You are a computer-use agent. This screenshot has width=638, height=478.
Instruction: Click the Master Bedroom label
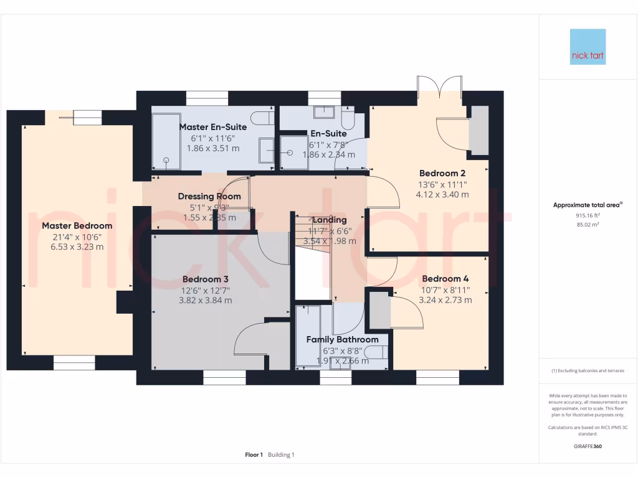tap(77, 225)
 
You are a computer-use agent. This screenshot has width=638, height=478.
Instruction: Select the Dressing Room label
tap(209, 196)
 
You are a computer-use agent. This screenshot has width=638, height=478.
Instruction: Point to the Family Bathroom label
tap(342, 340)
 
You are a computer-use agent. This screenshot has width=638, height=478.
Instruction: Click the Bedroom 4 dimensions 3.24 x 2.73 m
tap(445, 299)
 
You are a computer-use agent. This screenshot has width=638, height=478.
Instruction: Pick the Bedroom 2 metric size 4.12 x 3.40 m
tap(442, 194)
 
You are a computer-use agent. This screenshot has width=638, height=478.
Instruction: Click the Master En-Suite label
tap(213, 127)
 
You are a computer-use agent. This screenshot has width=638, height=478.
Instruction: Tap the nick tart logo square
tap(588, 47)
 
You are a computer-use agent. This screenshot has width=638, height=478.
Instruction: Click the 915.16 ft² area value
tap(588, 215)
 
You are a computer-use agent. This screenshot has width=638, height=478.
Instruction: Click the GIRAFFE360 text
tap(588, 446)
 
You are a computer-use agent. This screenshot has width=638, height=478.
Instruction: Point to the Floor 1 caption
tap(254, 455)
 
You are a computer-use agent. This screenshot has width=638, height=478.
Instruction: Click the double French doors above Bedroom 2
tap(440, 87)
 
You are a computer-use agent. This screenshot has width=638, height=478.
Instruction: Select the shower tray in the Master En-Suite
tap(166, 141)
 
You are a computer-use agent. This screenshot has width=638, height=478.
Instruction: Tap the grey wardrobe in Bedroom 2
tap(479, 131)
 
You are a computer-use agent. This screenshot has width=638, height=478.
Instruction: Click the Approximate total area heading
tap(588, 205)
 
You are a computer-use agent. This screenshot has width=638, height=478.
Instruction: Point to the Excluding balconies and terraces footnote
tap(588, 370)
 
